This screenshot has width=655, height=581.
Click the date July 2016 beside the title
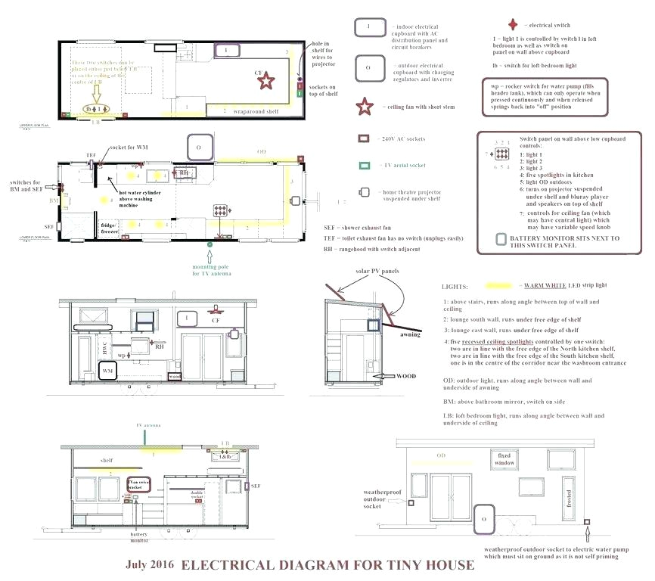coord(150,565)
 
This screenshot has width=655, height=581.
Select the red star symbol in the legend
coord(365,107)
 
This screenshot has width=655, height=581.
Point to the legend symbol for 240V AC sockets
coord(364,139)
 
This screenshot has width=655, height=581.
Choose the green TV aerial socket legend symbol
coord(364,165)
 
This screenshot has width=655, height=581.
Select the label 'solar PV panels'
coord(371,271)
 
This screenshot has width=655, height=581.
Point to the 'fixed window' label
coord(505,459)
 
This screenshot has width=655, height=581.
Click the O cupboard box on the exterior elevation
coord(483,519)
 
